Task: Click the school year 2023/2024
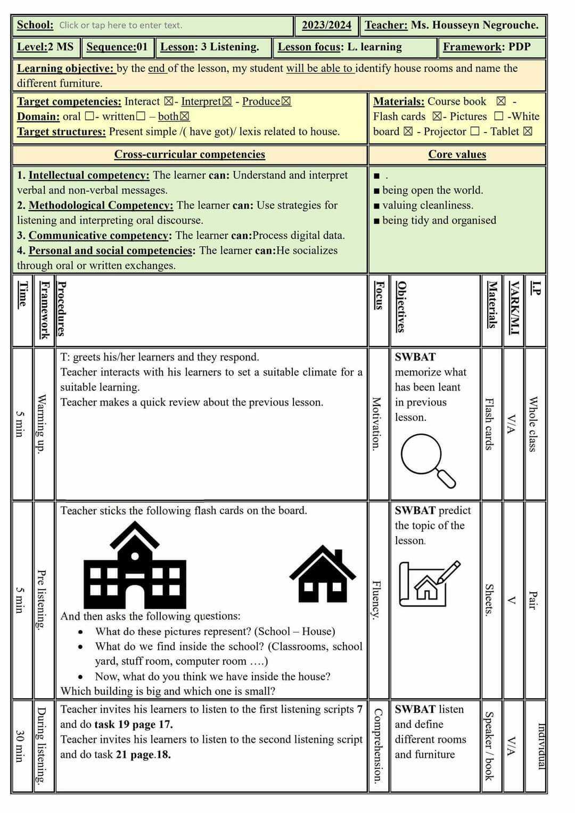coord(326,25)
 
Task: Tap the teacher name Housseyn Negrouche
coord(474,25)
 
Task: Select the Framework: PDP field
coord(487,47)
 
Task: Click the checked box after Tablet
coord(528,131)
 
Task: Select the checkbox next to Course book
coord(501,101)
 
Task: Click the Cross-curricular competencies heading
coord(190,154)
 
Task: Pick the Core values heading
coord(457,154)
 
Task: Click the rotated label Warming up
coord(43,424)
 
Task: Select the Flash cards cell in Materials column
coord(489,424)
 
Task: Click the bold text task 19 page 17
coord(133,724)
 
